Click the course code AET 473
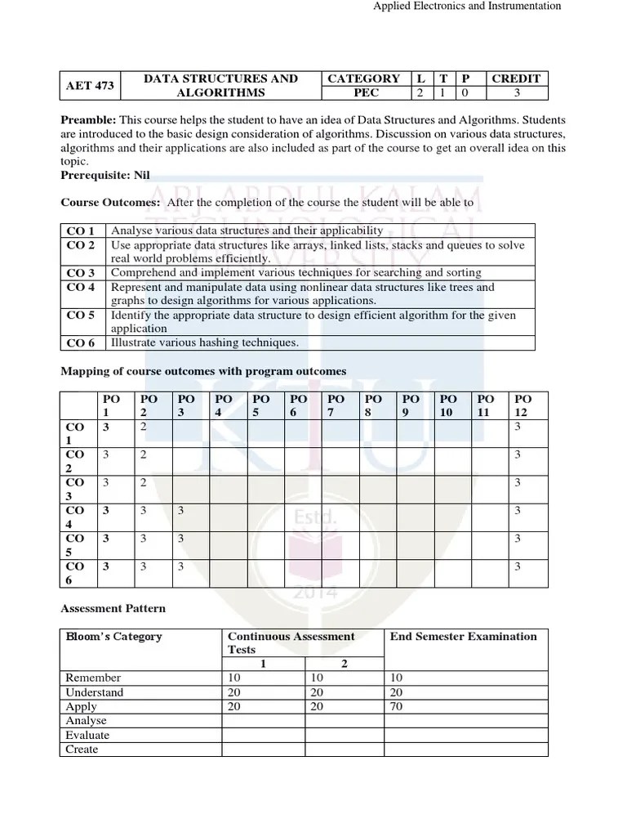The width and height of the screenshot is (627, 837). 90,86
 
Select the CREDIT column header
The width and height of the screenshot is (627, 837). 515,78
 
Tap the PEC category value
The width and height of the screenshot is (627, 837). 363,93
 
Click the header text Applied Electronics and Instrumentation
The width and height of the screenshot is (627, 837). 467,6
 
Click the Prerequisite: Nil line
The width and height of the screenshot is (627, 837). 105,175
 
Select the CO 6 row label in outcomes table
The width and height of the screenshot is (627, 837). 81,342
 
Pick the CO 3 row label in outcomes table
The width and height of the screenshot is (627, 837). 81,273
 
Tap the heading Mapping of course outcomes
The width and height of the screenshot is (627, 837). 204,371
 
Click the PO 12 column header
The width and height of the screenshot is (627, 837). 521,405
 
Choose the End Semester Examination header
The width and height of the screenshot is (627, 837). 463,637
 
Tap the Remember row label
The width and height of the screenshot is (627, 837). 93,678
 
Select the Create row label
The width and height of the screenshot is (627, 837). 82,750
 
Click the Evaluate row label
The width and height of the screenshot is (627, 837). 87,735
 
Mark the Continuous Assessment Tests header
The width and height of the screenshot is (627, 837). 291,642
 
